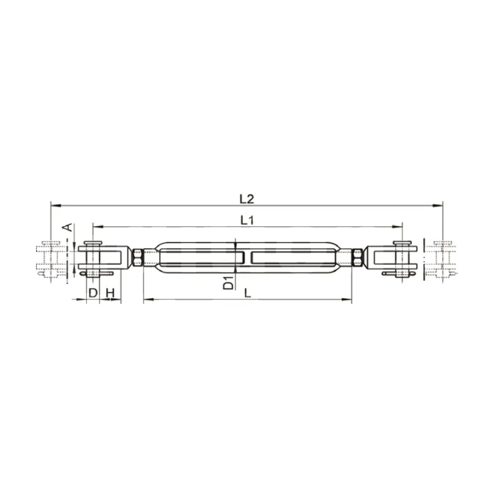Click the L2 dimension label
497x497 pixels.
(247, 199)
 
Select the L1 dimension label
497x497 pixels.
(247, 220)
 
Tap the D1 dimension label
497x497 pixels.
(228, 283)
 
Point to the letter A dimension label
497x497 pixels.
(67, 227)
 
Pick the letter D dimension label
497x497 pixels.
(93, 293)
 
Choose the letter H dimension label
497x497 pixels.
(110, 293)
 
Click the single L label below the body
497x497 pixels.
(248, 293)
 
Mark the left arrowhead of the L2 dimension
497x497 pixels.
(56, 206)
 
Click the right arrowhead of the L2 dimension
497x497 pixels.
(438, 206)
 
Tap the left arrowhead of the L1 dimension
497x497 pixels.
(98, 227)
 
